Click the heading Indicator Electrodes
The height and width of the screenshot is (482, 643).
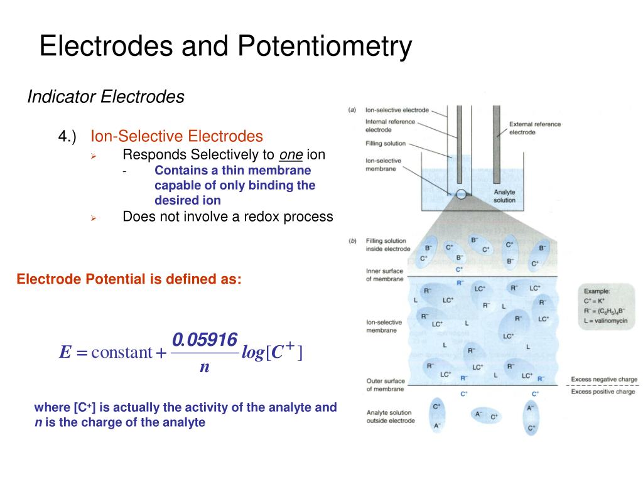[105, 97]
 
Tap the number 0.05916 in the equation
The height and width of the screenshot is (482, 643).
[205, 340]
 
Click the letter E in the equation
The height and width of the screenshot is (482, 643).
[65, 353]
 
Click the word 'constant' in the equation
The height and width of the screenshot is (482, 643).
[122, 353]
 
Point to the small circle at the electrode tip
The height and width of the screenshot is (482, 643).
[462, 195]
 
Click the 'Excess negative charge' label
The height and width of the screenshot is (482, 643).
[603, 380]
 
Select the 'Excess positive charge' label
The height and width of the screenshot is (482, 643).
[603, 392]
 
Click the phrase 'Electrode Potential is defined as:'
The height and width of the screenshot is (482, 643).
[129, 279]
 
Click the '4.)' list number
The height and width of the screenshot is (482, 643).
[67, 136]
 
